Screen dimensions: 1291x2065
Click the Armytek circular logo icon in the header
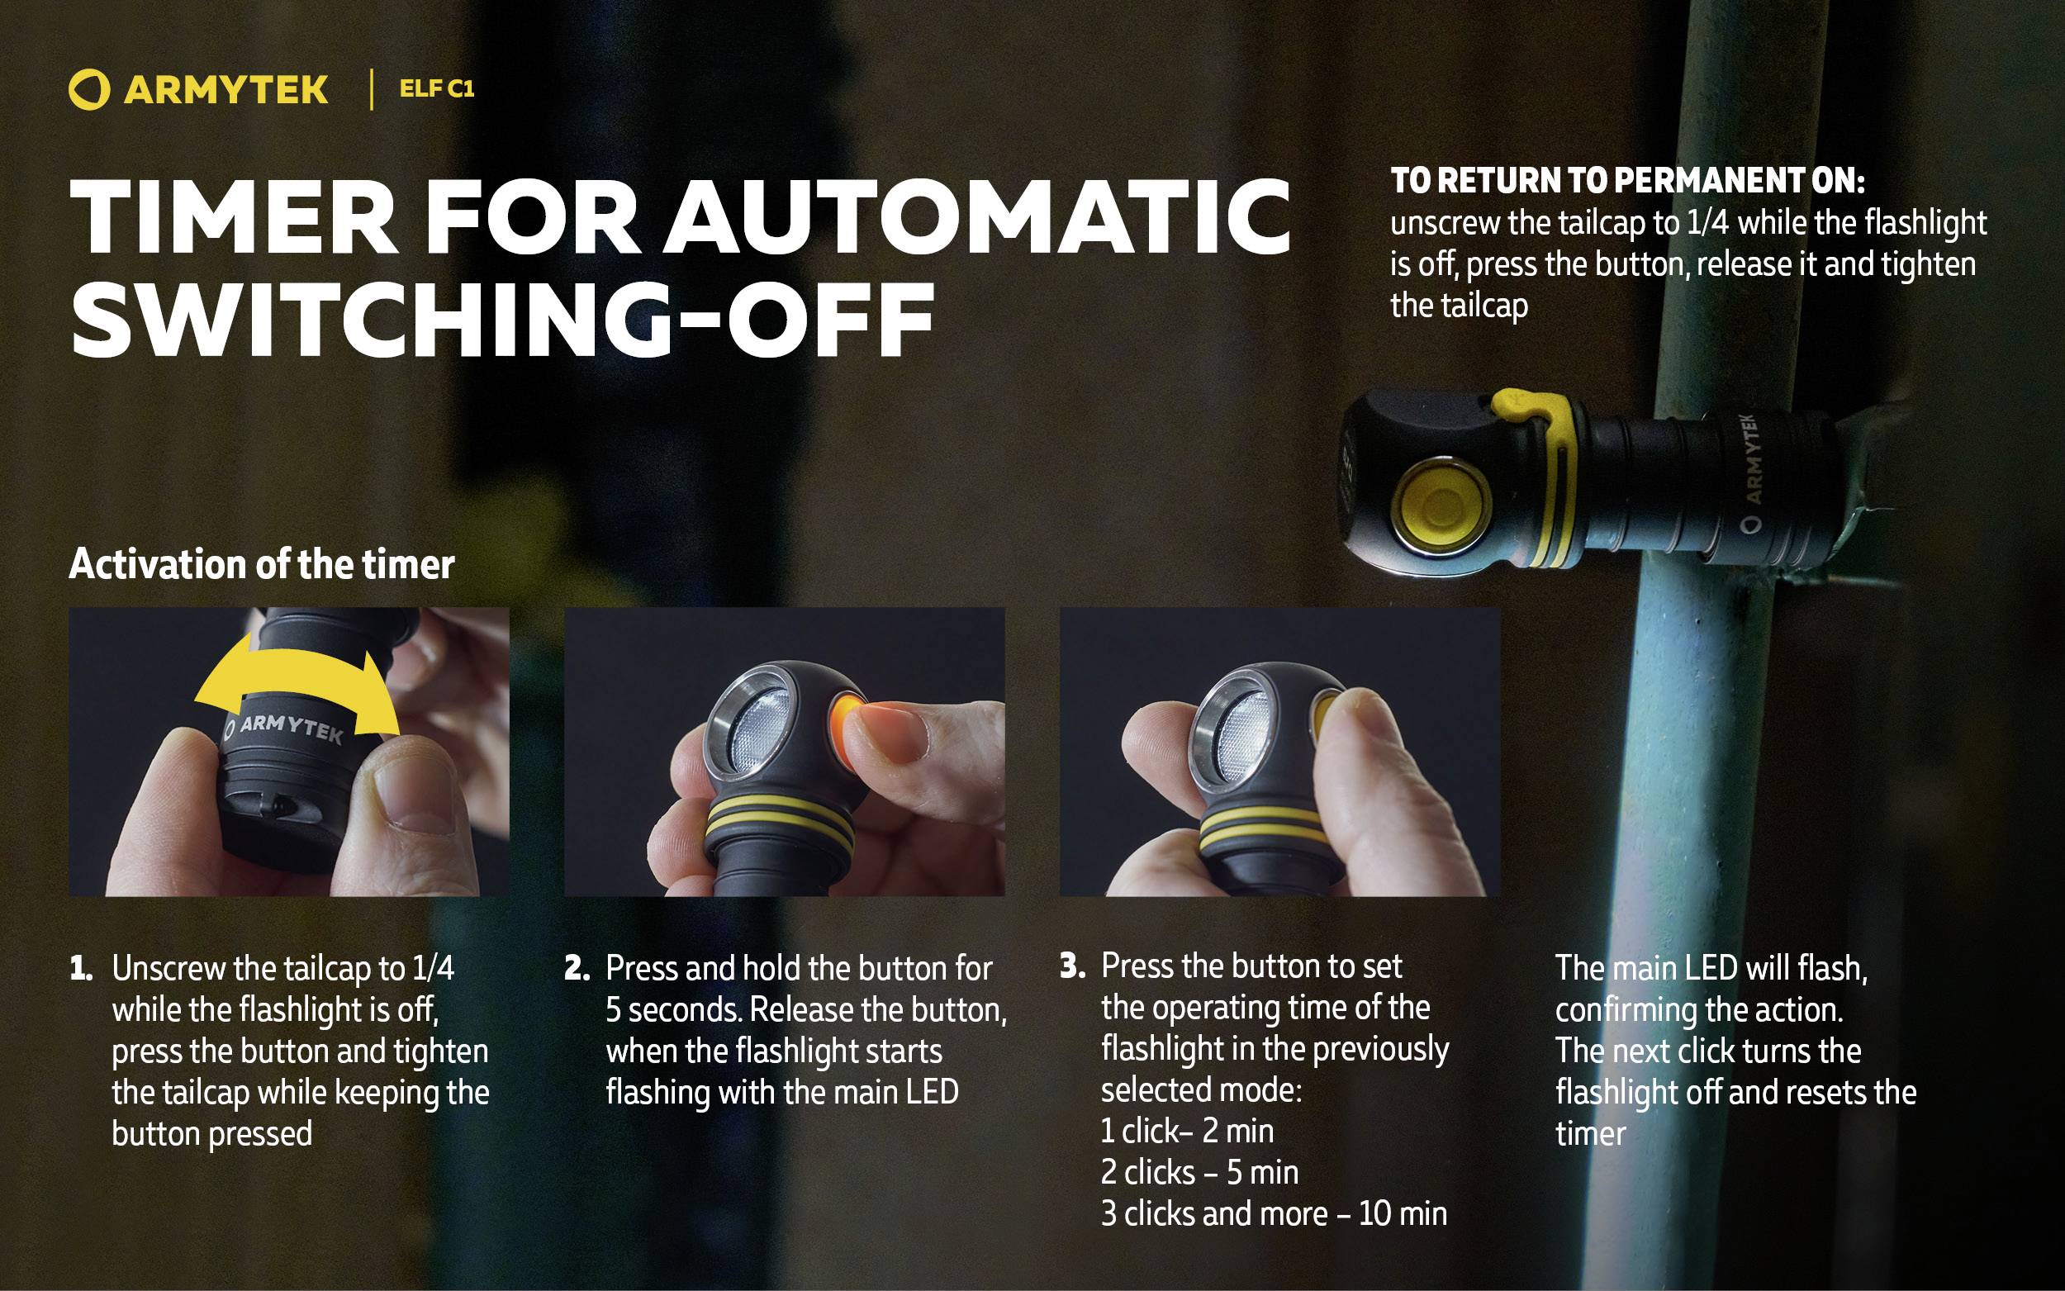[88, 90]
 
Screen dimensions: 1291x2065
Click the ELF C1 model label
[436, 89]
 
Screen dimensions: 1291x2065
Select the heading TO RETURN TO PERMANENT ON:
[1627, 181]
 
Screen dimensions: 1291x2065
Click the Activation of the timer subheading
[261, 564]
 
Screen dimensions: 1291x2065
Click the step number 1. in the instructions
[81, 969]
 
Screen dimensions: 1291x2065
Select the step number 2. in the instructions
[577, 969]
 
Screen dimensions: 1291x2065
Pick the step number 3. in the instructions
[1072, 966]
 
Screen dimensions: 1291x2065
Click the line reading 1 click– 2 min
[1187, 1132]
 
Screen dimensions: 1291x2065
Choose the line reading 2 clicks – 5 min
[1199, 1172]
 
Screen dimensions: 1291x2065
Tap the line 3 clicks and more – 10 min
[1274, 1213]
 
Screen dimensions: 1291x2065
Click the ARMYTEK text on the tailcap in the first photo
[290, 729]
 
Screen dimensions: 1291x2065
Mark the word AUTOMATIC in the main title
[978, 217]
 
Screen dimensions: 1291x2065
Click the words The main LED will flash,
[1711, 968]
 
